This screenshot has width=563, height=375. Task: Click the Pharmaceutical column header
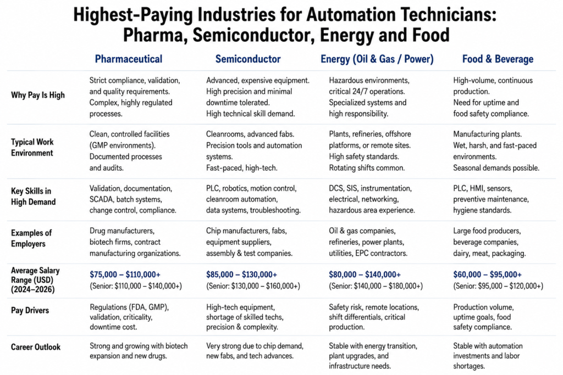point(129,59)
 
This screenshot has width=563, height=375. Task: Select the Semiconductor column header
point(248,59)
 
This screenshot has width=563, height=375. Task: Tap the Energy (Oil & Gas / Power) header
point(377,59)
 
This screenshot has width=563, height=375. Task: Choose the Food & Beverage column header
point(498,59)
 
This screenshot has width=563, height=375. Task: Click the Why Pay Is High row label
point(38,95)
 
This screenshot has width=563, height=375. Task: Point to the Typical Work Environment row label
point(32,147)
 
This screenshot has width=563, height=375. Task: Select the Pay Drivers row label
point(30,310)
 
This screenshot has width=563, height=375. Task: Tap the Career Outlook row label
point(36,347)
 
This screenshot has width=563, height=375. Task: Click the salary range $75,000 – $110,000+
point(125,275)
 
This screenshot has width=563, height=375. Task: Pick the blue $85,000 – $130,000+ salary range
point(242,275)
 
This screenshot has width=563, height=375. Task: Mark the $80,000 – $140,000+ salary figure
point(365,275)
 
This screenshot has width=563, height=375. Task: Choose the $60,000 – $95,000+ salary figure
point(487,275)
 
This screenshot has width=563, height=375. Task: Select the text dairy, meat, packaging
point(489,254)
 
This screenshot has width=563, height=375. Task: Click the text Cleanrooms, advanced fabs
point(250,134)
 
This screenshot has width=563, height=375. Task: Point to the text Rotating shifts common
point(367,168)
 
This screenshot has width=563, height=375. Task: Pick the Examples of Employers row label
point(31,238)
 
